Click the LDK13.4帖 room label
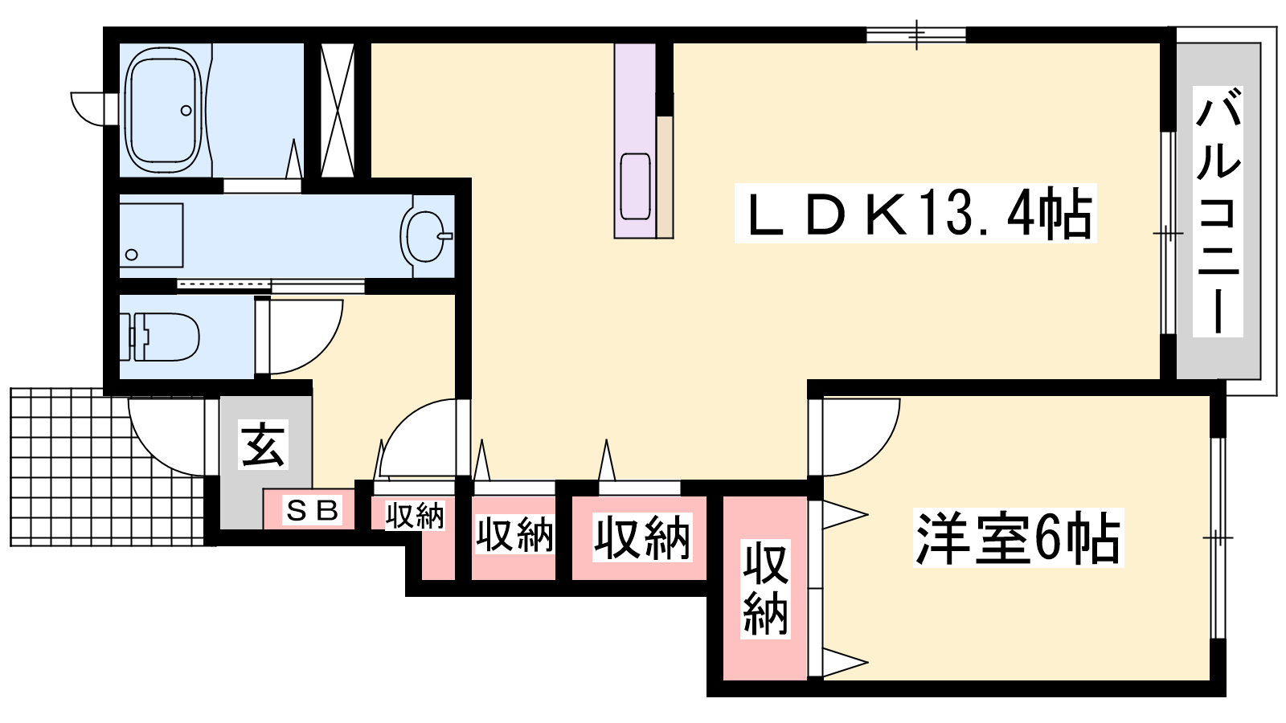pyautogui.click(x=915, y=213)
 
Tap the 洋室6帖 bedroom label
pyautogui.click(x=1018, y=537)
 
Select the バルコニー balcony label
pyautogui.click(x=1218, y=211)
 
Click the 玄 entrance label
pyautogui.click(x=263, y=445)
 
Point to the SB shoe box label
pyautogui.click(x=313, y=510)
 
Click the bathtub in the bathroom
pyautogui.click(x=165, y=110)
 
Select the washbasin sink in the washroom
pyautogui.click(x=427, y=236)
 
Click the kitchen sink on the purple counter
pyautogui.click(x=635, y=186)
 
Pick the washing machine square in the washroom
pyautogui.click(x=152, y=235)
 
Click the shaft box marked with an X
pyautogui.click(x=338, y=109)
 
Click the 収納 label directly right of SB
pyautogui.click(x=415, y=516)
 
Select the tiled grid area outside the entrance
pyautogui.click(x=108, y=467)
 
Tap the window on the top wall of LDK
pyautogui.click(x=916, y=35)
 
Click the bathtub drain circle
pyautogui.click(x=186, y=111)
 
